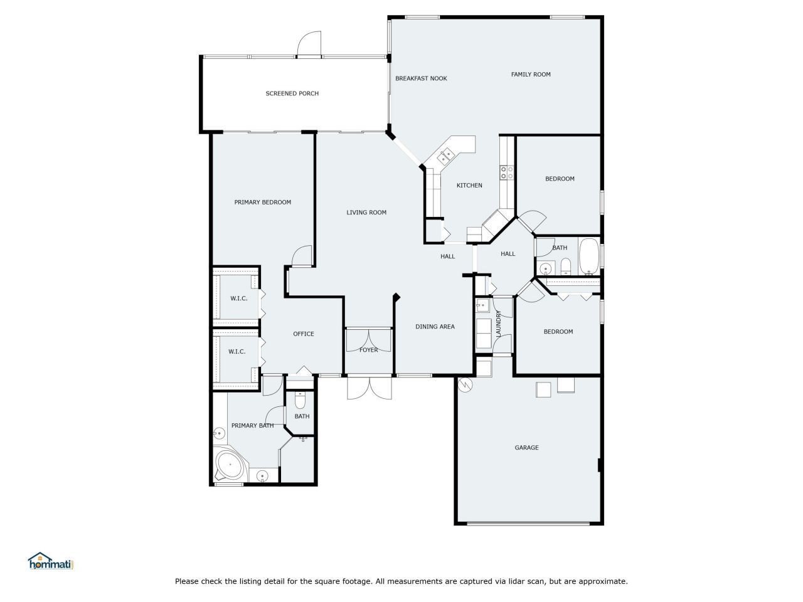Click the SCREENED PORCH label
292,93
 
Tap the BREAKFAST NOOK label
421,78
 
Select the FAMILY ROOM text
531,75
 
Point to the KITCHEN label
469,186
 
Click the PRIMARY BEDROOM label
262,203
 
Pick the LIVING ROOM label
366,213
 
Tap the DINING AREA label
435,327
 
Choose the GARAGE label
526,448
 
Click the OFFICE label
304,334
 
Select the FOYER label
369,350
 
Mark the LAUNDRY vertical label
499,325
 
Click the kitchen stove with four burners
507,172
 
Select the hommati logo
51,561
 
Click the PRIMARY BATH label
252,426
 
